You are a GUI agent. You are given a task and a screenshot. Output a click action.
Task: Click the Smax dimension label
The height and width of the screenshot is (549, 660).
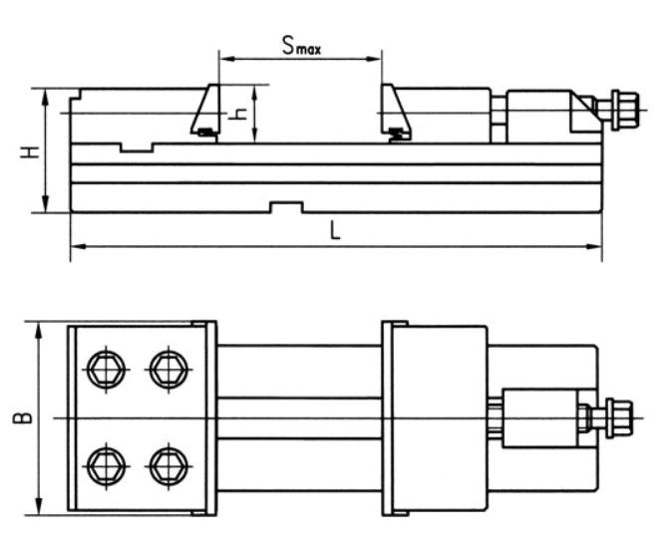point(300,45)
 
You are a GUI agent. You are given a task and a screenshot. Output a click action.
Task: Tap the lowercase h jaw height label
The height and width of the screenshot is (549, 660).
point(237,114)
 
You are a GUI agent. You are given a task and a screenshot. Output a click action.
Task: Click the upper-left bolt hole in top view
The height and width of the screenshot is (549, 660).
point(105,370)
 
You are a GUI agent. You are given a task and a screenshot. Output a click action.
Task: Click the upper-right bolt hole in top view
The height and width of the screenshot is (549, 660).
point(167,370)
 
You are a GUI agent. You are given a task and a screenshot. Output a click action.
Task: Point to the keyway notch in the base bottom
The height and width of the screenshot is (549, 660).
point(287,207)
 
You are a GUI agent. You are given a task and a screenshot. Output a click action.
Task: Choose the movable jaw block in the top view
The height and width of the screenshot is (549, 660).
point(436,418)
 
